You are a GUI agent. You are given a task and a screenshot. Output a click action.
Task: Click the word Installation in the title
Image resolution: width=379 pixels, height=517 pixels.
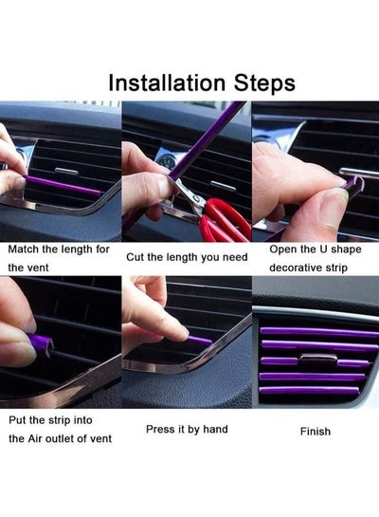(x=167, y=83)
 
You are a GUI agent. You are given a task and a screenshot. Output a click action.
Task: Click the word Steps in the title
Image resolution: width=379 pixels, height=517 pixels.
(x=264, y=83)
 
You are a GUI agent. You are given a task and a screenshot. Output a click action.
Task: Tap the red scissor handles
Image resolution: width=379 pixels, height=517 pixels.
(x=224, y=220)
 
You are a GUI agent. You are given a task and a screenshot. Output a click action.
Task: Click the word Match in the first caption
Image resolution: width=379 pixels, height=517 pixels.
(x=23, y=249)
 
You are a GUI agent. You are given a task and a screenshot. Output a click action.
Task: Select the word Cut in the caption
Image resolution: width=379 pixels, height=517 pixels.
(x=135, y=257)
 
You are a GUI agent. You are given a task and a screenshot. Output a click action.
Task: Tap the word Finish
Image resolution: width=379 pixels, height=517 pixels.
(x=316, y=432)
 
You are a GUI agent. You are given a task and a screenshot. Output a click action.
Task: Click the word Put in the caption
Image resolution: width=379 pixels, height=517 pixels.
(x=17, y=420)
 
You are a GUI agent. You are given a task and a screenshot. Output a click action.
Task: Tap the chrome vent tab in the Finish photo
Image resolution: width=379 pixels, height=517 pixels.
(x=318, y=358)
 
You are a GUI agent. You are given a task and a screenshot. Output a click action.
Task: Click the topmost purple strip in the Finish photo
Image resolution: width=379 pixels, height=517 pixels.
(x=319, y=332)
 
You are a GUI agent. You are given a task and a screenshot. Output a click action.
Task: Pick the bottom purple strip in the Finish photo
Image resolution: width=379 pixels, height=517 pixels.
(x=309, y=391)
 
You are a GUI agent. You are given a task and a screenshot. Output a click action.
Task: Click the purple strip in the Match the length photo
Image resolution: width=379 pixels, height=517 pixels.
(x=63, y=185)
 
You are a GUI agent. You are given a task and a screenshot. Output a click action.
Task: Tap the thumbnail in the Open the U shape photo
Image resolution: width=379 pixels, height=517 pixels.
(x=333, y=210)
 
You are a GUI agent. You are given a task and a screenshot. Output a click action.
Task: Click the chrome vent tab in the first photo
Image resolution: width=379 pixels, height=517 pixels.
(x=66, y=171)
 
